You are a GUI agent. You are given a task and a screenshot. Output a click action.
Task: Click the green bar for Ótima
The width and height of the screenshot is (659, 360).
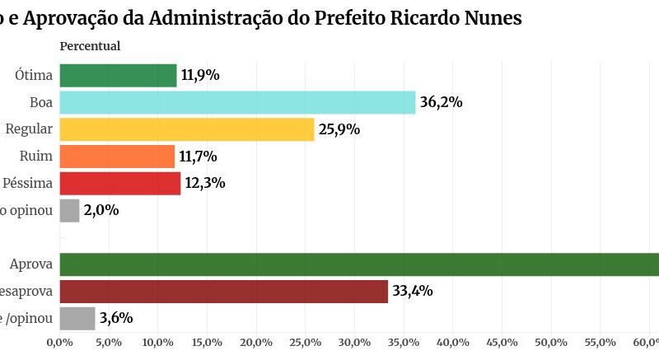118,76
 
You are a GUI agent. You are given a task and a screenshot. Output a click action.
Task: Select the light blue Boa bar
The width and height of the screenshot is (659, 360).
237,103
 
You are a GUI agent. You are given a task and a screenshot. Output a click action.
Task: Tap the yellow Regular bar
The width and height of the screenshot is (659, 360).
187,129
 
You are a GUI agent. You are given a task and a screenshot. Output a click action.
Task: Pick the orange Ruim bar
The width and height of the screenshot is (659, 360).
117,157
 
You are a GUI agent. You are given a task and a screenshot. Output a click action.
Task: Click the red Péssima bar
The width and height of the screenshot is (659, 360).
120,183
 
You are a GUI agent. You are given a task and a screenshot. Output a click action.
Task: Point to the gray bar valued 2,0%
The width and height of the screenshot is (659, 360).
70,210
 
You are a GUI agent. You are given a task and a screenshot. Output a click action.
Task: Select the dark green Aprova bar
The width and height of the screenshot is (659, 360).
359,264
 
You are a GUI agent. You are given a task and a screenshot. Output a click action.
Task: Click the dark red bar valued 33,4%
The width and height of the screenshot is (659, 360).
223,291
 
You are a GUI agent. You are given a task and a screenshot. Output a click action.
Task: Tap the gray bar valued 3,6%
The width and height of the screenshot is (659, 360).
77,318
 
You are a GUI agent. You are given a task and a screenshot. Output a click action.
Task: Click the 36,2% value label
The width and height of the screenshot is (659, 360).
441,103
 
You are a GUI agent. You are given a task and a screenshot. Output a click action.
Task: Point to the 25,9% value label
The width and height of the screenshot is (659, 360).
339,129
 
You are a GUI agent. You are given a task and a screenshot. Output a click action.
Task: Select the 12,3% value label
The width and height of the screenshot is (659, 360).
205,183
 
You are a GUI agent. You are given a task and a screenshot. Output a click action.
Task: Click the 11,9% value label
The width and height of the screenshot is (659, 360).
201,76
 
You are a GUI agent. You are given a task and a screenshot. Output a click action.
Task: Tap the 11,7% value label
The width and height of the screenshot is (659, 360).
199,157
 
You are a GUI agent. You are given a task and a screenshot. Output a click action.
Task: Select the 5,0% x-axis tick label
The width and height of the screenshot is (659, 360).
109,342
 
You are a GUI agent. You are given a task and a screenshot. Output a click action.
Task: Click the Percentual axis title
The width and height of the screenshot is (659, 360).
90,46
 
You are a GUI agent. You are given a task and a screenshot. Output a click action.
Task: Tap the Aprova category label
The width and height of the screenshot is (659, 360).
31,264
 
